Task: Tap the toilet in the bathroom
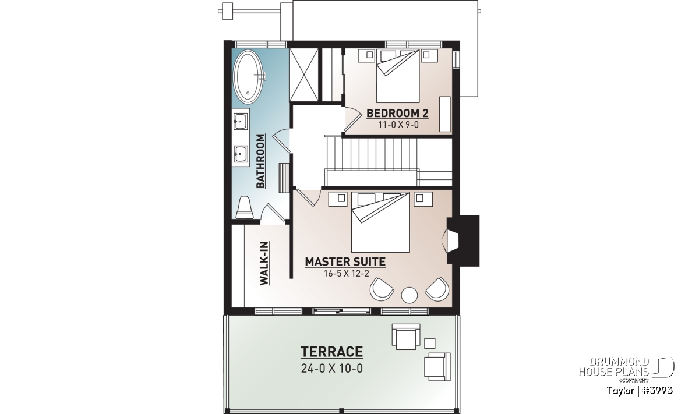tap(244, 207)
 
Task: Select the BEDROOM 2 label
tap(397, 113)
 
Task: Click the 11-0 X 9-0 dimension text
tap(398, 125)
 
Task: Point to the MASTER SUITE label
tap(345, 262)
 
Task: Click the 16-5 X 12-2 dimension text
tap(347, 274)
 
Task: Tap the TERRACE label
tap(331, 352)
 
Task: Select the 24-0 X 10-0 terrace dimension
tap(332, 369)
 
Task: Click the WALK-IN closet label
tap(264, 263)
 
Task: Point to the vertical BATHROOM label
tap(260, 161)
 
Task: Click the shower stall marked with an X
tap(303, 75)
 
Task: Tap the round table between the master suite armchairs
tap(409, 295)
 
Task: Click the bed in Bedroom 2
tap(398, 76)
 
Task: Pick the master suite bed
tap(380, 222)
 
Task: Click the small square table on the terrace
tap(430, 344)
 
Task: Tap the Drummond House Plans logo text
tap(614, 367)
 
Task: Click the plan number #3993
tap(658, 391)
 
